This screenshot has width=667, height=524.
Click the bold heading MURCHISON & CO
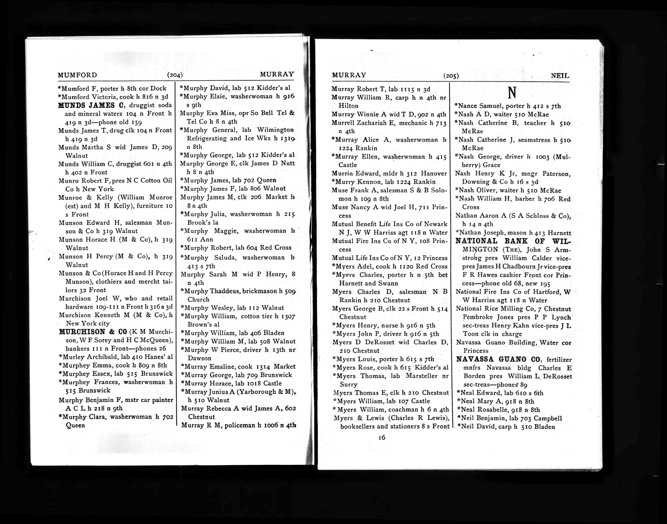93,332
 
